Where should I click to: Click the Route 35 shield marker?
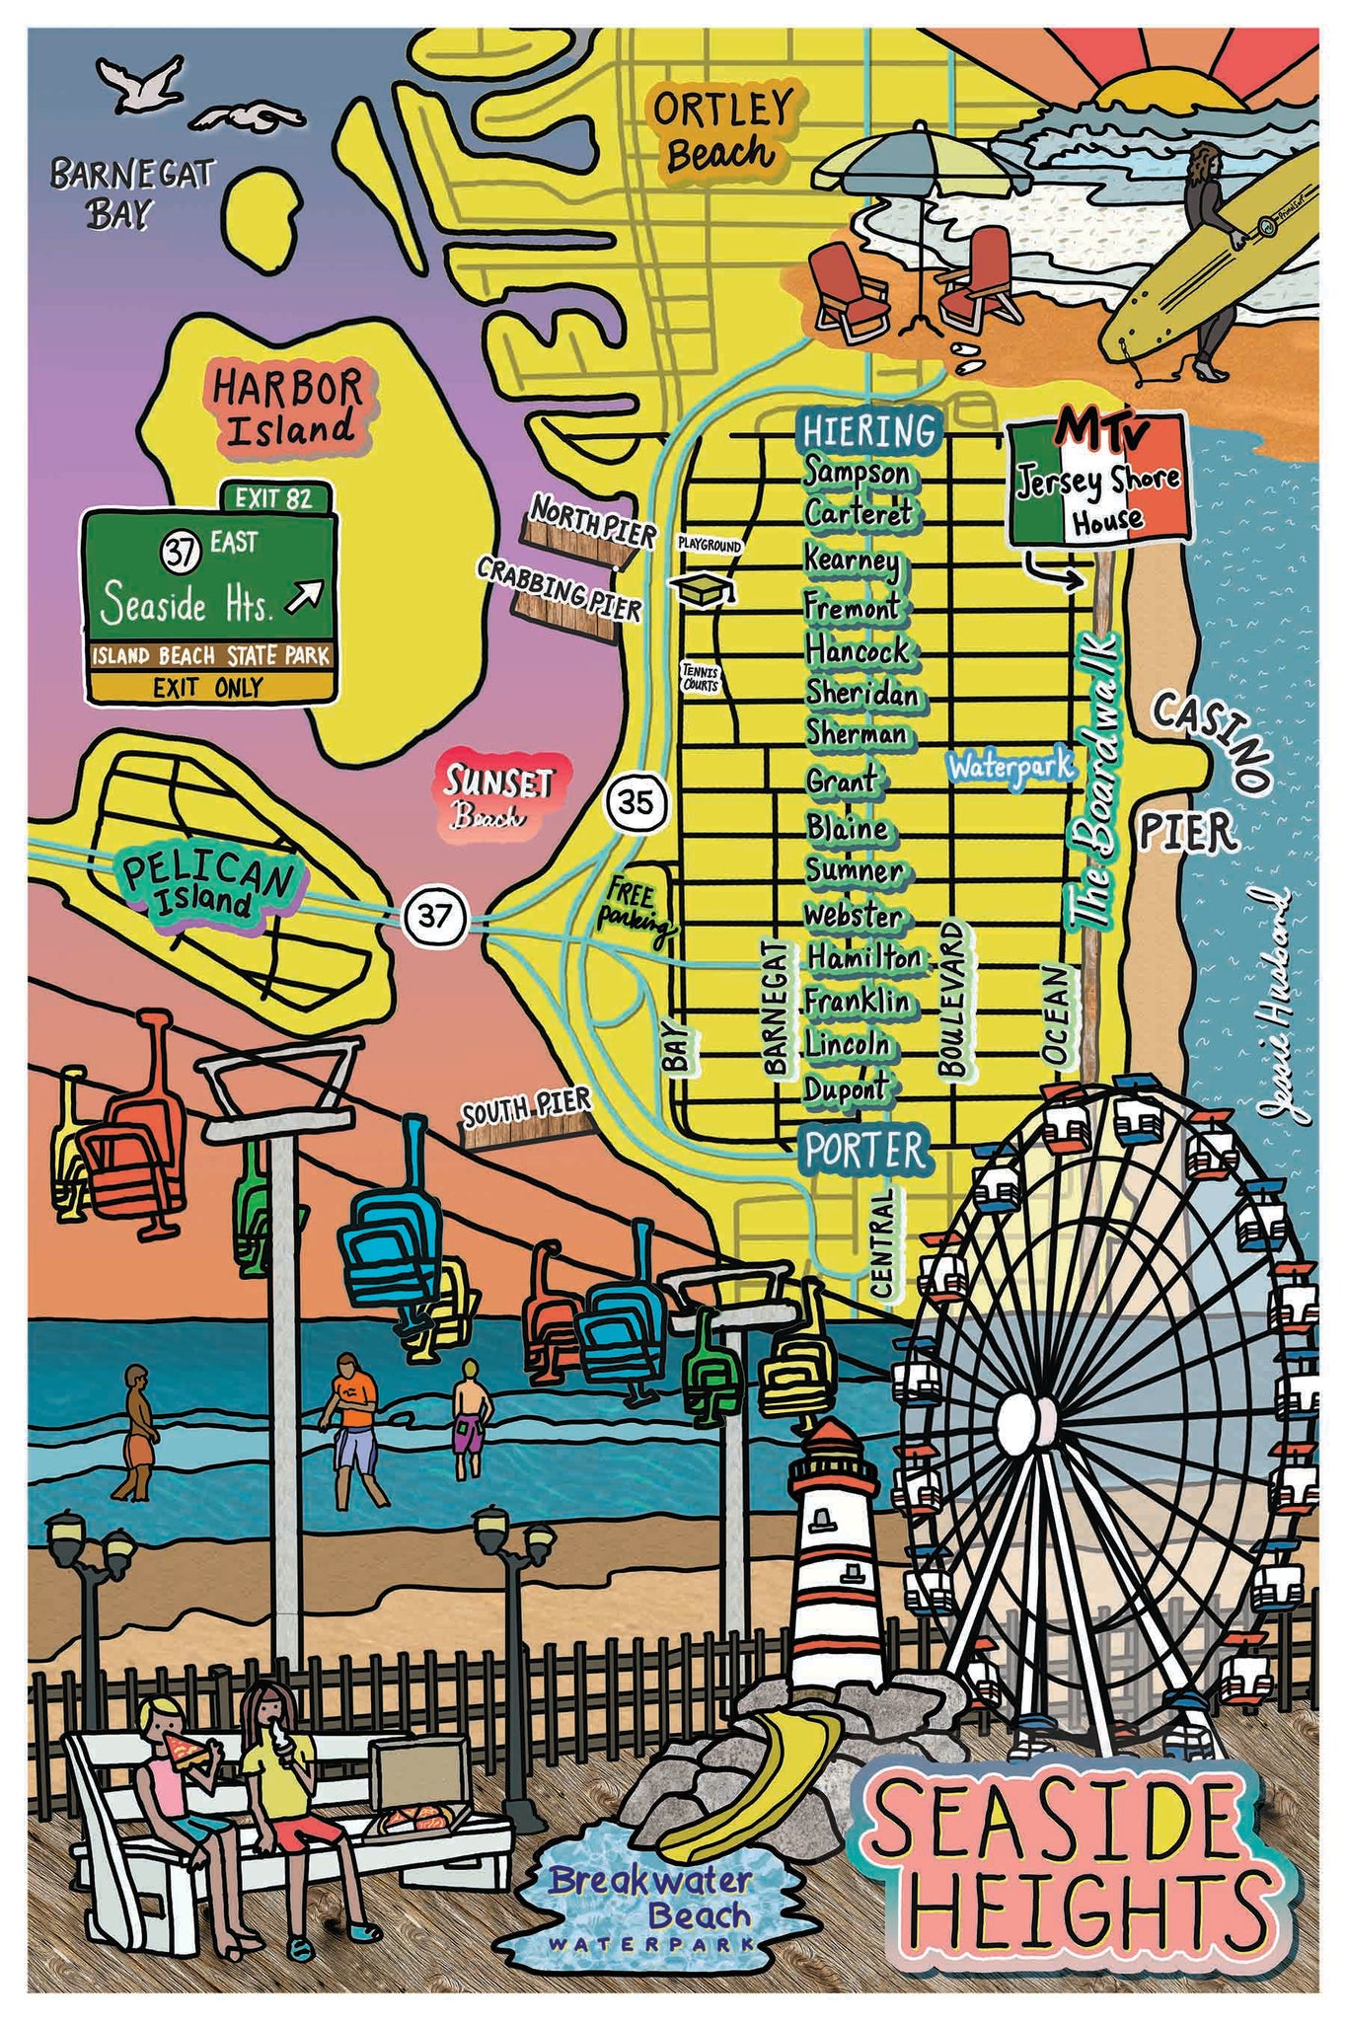[636, 803]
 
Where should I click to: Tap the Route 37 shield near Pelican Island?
[433, 915]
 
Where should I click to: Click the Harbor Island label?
[287, 406]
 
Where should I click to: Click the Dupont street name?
[846, 1089]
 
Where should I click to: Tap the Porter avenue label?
[865, 1150]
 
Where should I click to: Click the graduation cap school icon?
[704, 589]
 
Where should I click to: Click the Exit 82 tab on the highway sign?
[276, 497]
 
